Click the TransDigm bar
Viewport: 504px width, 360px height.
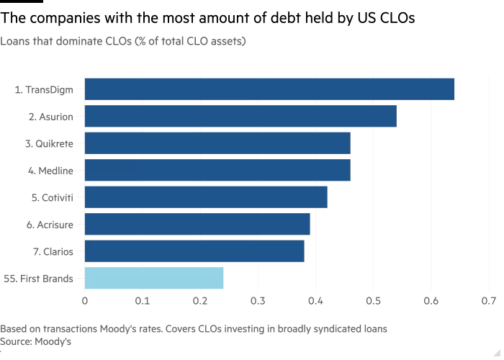(x=270, y=89)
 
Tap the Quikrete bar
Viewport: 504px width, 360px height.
(x=217, y=143)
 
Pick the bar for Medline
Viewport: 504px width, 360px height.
(x=217, y=170)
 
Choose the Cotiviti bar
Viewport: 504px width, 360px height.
(x=206, y=197)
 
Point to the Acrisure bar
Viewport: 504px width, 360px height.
(x=197, y=224)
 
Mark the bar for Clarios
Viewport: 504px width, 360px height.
(x=194, y=251)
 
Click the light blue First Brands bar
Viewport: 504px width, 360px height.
(x=154, y=278)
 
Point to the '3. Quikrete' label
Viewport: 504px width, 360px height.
(x=54, y=143)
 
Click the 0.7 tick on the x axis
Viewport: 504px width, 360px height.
(x=489, y=300)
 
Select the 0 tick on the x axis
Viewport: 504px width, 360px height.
(x=85, y=300)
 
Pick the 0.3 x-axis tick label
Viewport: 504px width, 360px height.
(x=258, y=300)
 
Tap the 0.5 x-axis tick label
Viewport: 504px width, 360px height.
(x=373, y=300)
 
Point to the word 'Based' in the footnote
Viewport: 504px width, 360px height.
(x=13, y=328)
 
